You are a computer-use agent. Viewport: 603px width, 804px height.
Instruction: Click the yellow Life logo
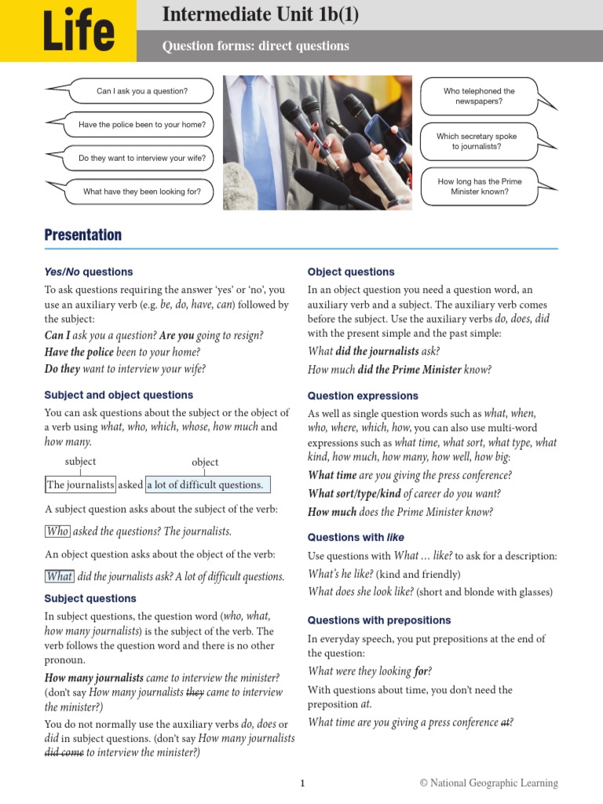68,31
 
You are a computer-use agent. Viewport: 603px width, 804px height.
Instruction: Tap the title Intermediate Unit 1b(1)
260,14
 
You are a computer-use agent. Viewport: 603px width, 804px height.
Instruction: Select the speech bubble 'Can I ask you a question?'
142,91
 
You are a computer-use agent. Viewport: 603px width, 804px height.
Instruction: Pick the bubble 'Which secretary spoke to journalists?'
477,141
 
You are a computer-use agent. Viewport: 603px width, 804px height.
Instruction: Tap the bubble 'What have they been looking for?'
142,192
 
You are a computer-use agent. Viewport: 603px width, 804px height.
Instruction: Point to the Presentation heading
83,235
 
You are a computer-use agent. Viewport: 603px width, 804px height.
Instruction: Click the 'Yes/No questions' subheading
89,272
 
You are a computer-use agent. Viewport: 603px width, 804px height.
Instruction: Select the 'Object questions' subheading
351,272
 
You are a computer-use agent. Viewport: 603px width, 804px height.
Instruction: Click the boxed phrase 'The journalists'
80,484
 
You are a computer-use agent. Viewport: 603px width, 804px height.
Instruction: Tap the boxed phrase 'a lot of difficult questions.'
204,484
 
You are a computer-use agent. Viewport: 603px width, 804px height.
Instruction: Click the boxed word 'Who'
57,531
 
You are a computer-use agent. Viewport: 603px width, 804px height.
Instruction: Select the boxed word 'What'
60,576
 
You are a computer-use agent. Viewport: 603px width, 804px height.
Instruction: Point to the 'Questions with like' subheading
357,537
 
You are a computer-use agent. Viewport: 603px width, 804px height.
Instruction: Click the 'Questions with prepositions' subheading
379,620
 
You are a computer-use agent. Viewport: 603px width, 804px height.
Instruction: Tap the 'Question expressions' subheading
363,396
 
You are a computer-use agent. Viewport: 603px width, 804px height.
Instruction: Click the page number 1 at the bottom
301,783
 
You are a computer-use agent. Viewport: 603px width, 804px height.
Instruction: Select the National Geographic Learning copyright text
488,783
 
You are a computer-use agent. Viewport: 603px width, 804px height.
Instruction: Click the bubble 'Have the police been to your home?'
142,124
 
